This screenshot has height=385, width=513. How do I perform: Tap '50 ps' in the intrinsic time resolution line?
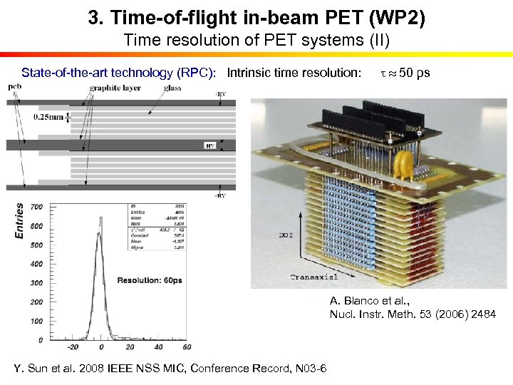coord(414,73)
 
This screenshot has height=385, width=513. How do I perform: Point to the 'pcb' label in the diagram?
coord(14,87)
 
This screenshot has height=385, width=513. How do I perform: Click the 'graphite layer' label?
coord(115,88)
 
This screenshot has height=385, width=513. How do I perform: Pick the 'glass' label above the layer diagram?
coord(172,88)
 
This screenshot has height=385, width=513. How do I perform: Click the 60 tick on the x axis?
coord(185,347)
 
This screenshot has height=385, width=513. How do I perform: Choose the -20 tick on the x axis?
coord(72,347)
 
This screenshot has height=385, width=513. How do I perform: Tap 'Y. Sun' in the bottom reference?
coord(31,368)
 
